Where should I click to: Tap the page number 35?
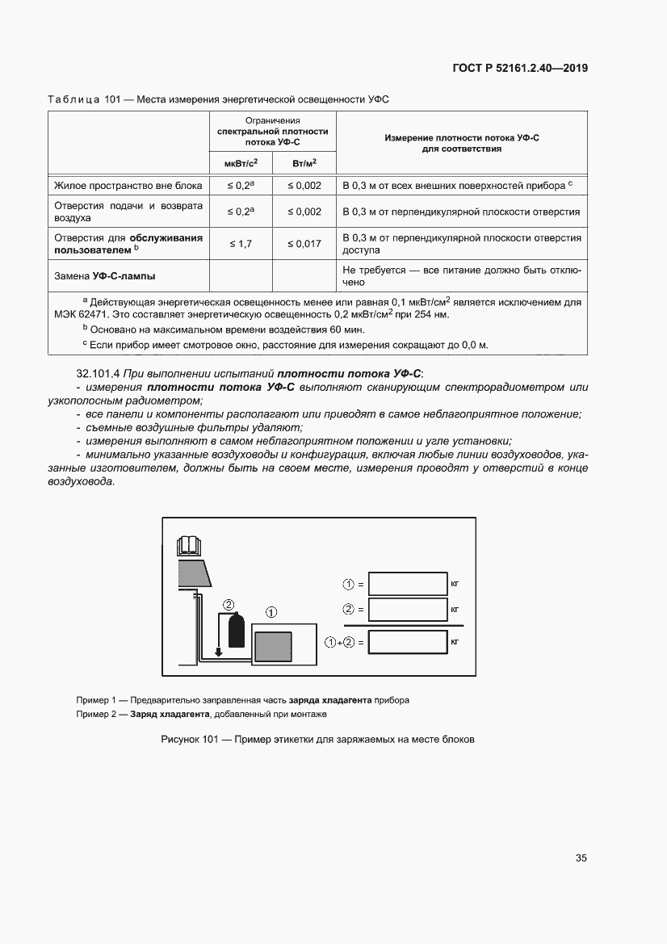pyautogui.click(x=581, y=858)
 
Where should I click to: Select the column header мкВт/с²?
pyautogui.click(x=241, y=164)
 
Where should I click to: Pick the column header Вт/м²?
pyautogui.click(x=304, y=164)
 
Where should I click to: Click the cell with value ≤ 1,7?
pyautogui.click(x=241, y=243)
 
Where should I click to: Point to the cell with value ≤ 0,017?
pyautogui.click(x=304, y=243)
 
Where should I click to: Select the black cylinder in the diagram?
pyautogui.click(x=236, y=630)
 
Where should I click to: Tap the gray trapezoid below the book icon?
pyautogui.click(x=194, y=573)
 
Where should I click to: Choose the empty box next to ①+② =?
pyautogui.click(x=408, y=642)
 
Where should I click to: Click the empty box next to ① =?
pyautogui.click(x=408, y=583)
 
